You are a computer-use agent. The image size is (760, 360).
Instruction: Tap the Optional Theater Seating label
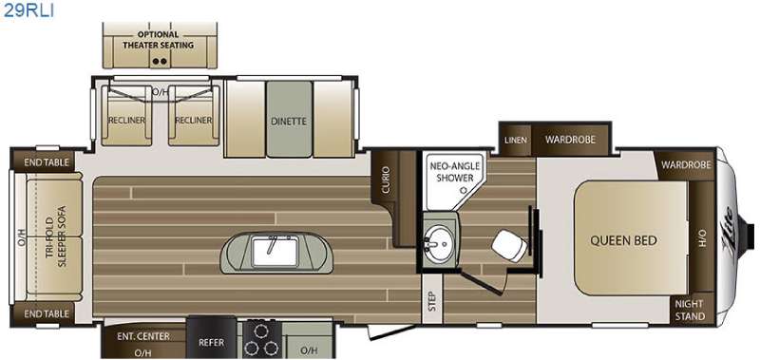pyautogui.click(x=158, y=40)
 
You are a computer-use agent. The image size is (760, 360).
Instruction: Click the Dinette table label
pyautogui.click(x=289, y=122)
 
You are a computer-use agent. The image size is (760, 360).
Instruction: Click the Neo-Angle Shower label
pyautogui.click(x=454, y=172)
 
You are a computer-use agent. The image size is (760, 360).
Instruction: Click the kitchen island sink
pyautogui.click(x=274, y=251)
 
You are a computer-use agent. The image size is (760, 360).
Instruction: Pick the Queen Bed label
pyautogui.click(x=623, y=240)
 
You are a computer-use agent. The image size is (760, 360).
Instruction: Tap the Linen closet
pyautogui.click(x=516, y=140)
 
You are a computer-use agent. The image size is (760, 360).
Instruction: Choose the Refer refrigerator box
pyautogui.click(x=212, y=338)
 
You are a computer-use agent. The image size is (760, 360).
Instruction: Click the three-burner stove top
pyautogui.click(x=261, y=339)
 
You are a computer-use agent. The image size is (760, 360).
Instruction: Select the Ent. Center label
pyautogui.click(x=143, y=336)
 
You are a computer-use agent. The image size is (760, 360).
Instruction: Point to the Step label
pyautogui.click(x=432, y=301)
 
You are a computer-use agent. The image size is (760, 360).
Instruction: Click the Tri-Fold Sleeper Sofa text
pyautogui.click(x=55, y=237)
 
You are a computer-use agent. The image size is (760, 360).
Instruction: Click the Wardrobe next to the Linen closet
pyautogui.click(x=570, y=140)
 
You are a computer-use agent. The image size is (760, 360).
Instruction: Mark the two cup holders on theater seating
pyautogui.click(x=160, y=61)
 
